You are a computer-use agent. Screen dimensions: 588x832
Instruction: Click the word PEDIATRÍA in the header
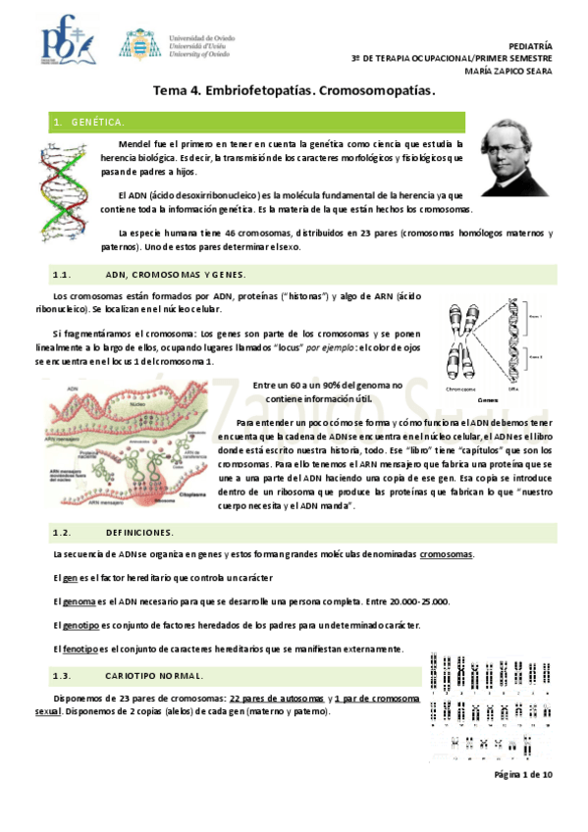point(530,46)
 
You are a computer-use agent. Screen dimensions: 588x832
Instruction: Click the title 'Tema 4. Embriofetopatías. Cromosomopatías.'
point(294,91)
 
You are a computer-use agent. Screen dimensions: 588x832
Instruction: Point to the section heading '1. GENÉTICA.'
point(88,122)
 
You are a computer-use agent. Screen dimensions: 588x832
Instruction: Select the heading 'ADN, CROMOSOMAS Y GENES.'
point(176,275)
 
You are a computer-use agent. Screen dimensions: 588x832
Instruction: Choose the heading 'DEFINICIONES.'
point(138,533)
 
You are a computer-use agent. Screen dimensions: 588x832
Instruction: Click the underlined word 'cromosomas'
point(447,554)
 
